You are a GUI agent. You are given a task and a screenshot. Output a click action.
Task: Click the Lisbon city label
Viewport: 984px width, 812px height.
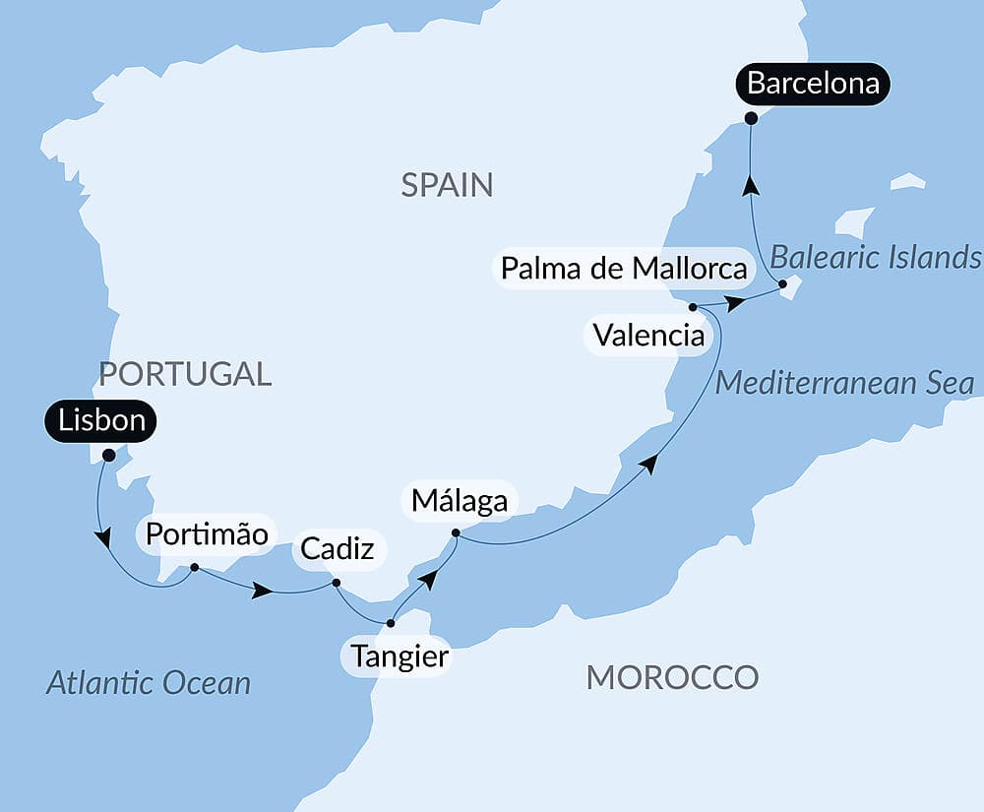point(101,421)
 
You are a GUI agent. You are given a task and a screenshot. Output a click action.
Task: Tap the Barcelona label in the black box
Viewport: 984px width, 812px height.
point(813,84)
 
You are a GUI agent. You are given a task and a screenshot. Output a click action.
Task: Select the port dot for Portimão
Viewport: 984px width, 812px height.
point(195,567)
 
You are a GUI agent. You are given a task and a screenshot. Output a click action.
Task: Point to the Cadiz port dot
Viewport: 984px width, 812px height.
point(337,583)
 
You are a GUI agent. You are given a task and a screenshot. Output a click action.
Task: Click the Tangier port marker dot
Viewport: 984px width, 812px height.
point(391,623)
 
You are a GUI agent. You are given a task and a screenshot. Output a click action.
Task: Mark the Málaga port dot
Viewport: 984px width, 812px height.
point(455,533)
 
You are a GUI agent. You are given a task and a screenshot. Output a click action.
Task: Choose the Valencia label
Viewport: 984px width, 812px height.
point(649,336)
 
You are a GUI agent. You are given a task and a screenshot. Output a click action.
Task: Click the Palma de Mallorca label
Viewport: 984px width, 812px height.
point(624,268)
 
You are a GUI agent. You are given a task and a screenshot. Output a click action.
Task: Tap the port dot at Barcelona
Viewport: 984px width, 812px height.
point(751,118)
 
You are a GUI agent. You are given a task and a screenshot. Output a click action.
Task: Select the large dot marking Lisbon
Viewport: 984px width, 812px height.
point(108,455)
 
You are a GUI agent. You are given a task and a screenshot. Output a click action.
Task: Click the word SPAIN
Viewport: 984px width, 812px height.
point(447,185)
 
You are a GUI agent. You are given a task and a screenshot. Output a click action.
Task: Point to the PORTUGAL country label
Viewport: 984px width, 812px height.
point(186,374)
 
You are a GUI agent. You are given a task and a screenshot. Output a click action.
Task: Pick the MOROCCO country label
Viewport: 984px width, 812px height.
point(672,677)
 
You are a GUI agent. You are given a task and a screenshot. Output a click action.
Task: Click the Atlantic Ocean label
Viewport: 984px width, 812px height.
point(149,682)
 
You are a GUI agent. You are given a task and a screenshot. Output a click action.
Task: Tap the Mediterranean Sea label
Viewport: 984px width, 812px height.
point(844,383)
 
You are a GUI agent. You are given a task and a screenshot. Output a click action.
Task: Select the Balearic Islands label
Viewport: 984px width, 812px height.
point(875,258)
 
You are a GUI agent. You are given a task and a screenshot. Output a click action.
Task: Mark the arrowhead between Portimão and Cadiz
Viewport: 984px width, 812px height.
point(262,591)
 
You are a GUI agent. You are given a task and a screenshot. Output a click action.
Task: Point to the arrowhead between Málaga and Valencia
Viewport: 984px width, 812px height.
point(647,462)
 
